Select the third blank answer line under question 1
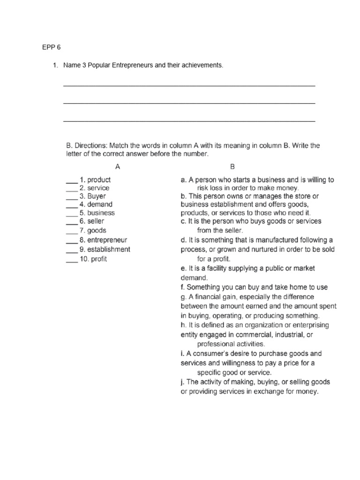coord(189,120)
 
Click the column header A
coord(118,166)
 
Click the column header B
coord(232,166)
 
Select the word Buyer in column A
coord(97,196)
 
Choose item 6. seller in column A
coord(92,221)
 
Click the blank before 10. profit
coord(71,259)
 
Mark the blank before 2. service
coord(71,188)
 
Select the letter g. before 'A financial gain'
coord(183,297)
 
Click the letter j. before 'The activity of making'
coord(183,382)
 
